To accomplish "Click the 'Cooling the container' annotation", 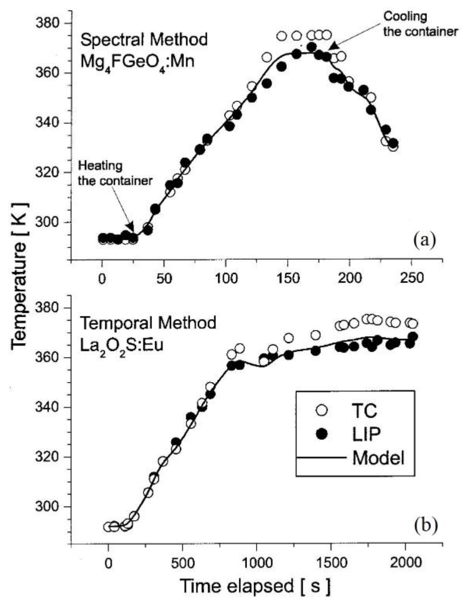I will pyautogui.click(x=420, y=24).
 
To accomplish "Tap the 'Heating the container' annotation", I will pyautogui.click(x=115, y=173).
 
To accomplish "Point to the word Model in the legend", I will pyautogui.click(x=378, y=458).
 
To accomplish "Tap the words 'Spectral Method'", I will pyautogui.click(x=144, y=40).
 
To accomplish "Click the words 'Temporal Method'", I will pyautogui.click(x=148, y=323).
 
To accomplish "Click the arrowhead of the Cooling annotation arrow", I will pyautogui.click(x=333, y=47).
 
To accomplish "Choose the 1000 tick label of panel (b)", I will pyautogui.click(x=256, y=563).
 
